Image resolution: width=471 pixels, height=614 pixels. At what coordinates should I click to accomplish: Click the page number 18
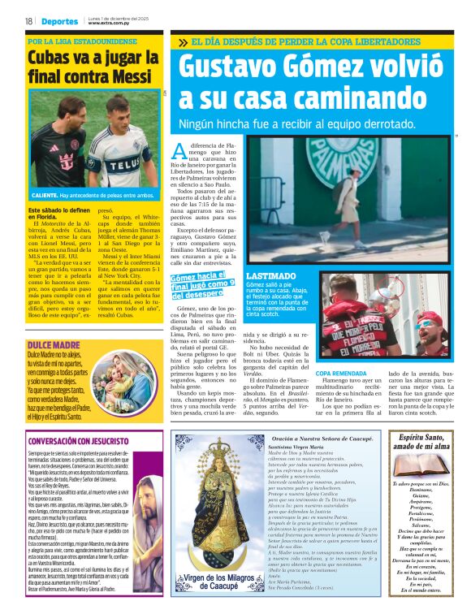click(x=28, y=22)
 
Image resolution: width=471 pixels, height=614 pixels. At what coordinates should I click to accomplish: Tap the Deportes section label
click(x=61, y=22)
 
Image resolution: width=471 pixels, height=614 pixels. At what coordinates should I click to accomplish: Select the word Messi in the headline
click(x=126, y=77)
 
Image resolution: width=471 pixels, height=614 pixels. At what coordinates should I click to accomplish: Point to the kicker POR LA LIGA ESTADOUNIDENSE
click(x=83, y=41)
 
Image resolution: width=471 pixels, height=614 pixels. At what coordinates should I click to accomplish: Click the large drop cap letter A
click(x=179, y=150)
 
